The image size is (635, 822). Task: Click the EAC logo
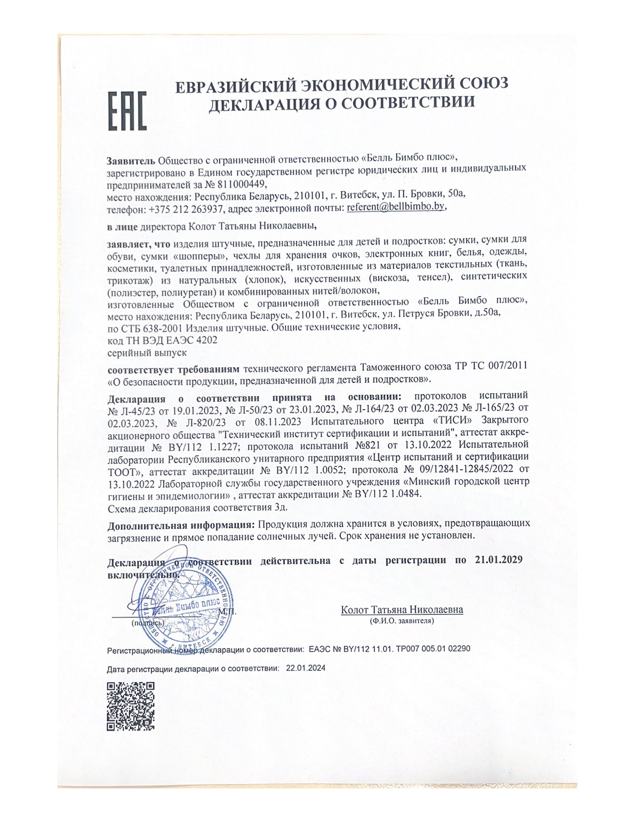(x=127, y=111)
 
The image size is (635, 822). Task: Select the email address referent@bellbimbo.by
(x=396, y=207)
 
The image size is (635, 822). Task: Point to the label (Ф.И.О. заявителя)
(x=402, y=621)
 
